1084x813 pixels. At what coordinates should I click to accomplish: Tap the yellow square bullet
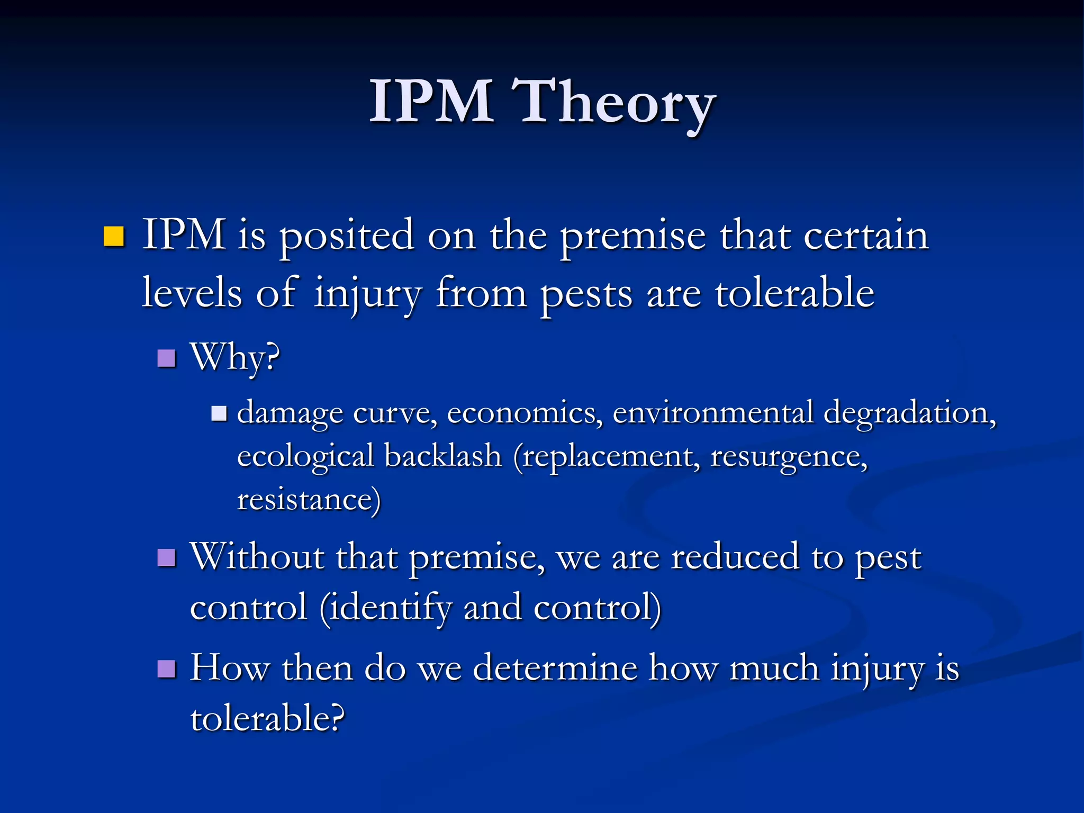tap(113, 237)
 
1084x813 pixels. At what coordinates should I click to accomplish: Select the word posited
tap(347, 236)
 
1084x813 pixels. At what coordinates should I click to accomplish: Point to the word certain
tap(866, 236)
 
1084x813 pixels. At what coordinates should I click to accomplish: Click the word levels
tap(192, 292)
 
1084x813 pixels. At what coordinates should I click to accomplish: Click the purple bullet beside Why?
tap(166, 358)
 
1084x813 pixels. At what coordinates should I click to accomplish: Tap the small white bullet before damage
tap(218, 413)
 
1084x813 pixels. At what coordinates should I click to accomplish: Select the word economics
tap(524, 413)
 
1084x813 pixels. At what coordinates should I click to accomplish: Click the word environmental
tap(712, 413)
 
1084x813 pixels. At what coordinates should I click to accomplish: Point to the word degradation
tap(908, 413)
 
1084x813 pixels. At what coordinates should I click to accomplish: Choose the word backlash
tap(442, 456)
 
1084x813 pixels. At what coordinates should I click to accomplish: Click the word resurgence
tap(788, 456)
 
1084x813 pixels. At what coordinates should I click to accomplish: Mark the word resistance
tap(308, 499)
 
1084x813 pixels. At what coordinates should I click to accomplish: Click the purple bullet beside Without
tap(166, 557)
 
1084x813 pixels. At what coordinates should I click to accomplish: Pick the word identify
tap(390, 608)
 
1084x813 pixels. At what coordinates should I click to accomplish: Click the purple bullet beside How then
tap(166, 669)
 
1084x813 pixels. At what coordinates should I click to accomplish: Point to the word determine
tap(555, 668)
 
